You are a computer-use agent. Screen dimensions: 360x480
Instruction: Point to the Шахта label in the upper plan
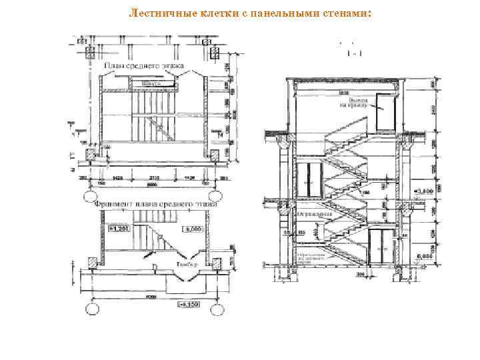point(151,83)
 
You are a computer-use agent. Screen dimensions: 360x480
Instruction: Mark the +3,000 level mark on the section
point(424,191)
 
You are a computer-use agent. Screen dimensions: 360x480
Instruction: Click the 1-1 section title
point(346,54)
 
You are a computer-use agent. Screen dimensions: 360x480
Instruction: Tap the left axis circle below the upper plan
point(90,196)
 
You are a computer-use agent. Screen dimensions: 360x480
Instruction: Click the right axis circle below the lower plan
point(218,310)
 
